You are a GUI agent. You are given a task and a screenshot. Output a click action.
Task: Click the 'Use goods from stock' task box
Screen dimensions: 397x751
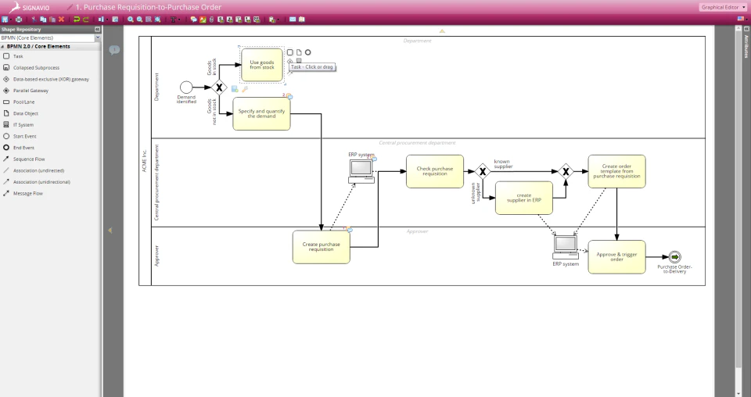pyautogui.click(x=261, y=65)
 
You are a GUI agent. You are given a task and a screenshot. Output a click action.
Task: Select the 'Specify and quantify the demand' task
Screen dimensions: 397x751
pyautogui.click(x=261, y=113)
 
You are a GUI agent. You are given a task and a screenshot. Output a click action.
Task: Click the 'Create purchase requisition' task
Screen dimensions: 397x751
pyautogui.click(x=321, y=246)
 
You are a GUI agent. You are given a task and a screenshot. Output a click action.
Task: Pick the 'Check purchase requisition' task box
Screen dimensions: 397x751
pyautogui.click(x=434, y=171)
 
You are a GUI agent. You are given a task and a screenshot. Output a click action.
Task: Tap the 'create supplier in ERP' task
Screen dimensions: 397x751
pyautogui.click(x=523, y=198)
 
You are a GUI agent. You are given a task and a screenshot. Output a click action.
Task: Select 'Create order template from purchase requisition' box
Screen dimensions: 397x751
pyautogui.click(x=616, y=171)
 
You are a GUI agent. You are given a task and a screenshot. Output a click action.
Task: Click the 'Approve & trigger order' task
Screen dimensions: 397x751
pyautogui.click(x=616, y=256)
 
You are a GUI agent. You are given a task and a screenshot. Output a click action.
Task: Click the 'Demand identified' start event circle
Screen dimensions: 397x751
pyautogui.click(x=186, y=87)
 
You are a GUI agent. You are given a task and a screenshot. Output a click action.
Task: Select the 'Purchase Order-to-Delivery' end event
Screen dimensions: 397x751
pyautogui.click(x=674, y=257)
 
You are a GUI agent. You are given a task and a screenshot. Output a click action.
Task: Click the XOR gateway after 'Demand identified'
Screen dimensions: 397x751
pyautogui.click(x=220, y=88)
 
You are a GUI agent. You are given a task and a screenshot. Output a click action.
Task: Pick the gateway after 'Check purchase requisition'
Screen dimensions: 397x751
pyautogui.click(x=483, y=171)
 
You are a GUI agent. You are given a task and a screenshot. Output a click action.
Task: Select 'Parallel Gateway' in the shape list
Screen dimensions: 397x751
pyautogui.click(x=31, y=91)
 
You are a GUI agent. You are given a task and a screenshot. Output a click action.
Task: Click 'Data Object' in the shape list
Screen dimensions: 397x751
pyautogui.click(x=26, y=113)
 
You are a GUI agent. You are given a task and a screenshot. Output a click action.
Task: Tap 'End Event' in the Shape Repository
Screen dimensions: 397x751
pyautogui.click(x=23, y=147)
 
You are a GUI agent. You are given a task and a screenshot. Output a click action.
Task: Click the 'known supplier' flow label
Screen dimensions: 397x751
pyautogui.click(x=503, y=164)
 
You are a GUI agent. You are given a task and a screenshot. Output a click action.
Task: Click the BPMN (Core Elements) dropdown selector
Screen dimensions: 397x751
pyautogui.click(x=50, y=38)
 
